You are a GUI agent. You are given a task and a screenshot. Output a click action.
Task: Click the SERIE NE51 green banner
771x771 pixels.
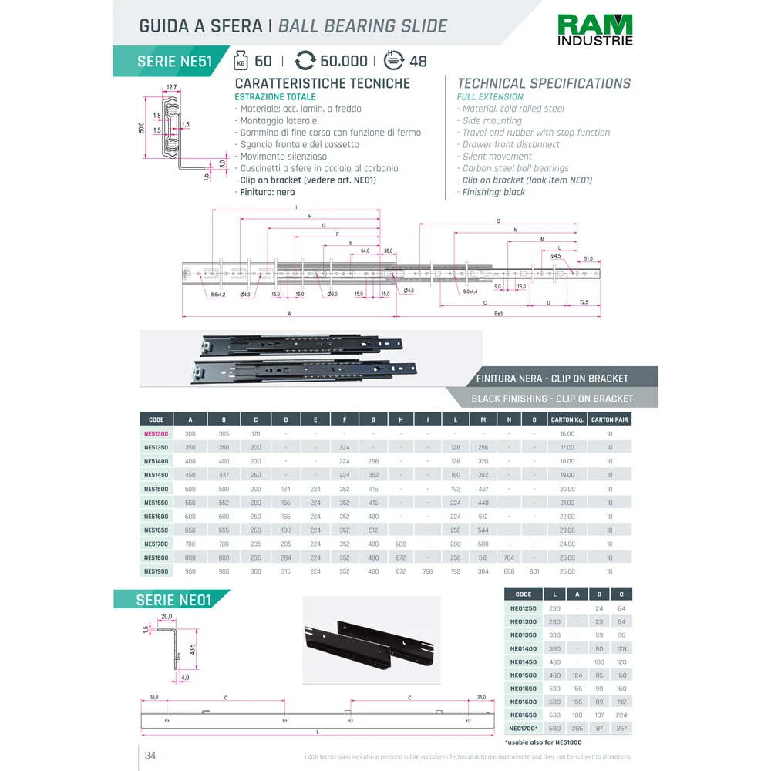click(173, 62)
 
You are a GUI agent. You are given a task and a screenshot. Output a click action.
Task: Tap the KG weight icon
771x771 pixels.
click(241, 61)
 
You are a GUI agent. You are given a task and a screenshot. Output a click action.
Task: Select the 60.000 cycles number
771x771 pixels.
click(343, 62)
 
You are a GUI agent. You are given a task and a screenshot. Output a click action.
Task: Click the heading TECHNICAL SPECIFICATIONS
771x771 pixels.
click(544, 83)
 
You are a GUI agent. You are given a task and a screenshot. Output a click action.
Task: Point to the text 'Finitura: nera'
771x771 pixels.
click(267, 192)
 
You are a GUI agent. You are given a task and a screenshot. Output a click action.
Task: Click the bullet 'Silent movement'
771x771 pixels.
click(497, 157)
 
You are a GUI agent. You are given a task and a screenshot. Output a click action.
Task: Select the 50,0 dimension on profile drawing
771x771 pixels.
click(141, 126)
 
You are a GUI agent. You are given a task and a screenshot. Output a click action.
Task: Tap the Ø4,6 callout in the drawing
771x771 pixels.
click(409, 291)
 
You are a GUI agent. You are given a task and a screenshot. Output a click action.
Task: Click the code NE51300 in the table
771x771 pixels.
click(156, 434)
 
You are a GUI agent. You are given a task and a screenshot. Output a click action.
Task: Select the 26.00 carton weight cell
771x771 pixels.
click(567, 571)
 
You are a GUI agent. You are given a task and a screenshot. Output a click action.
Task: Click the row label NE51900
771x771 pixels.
click(156, 571)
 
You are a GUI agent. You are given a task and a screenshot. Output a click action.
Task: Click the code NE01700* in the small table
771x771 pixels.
click(524, 729)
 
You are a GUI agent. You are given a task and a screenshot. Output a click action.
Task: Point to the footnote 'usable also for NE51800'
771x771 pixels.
click(543, 742)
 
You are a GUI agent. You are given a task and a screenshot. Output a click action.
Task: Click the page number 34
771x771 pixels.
click(150, 756)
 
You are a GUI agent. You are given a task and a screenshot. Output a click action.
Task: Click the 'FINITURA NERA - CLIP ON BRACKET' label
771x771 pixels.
click(552, 379)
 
